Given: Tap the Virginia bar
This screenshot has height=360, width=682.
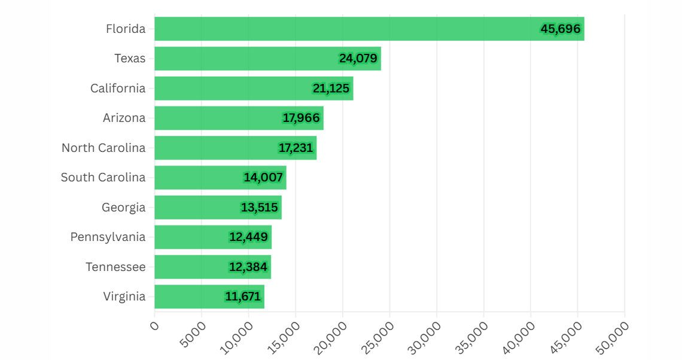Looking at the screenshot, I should point(209,297).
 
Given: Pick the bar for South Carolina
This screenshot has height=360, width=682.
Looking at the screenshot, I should point(220,178).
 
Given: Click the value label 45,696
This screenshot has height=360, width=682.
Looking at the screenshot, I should point(561,29).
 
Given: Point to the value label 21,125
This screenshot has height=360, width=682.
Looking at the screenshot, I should point(331,89).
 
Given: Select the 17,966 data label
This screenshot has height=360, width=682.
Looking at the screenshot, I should point(302,118).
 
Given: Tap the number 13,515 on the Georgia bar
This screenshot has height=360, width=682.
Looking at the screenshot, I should point(260,208).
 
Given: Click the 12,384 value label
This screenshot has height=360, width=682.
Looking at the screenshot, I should point(248,267).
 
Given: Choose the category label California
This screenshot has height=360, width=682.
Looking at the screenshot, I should point(118,89).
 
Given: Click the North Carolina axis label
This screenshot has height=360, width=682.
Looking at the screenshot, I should point(103,148).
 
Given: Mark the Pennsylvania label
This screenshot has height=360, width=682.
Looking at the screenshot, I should point(108,237).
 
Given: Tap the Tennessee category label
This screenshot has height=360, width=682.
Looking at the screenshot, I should point(115,267).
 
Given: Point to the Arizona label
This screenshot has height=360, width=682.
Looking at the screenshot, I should point(124,118).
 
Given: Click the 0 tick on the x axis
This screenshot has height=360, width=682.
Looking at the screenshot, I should point(154,327).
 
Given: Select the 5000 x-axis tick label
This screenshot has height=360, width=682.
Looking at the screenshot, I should point(193,335).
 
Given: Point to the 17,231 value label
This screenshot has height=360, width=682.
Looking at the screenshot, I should point(296,148).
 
